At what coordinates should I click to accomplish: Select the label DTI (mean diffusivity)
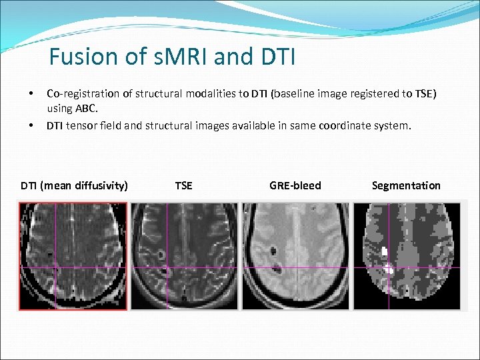point(74,185)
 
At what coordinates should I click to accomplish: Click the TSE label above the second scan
point(183,185)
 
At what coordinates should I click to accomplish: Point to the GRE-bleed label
point(295,185)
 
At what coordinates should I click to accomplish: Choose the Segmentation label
point(406,185)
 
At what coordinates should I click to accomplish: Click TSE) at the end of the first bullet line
point(423,93)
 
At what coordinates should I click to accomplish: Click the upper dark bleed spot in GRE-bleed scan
point(274,252)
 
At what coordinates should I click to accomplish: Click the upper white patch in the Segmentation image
point(385,252)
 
